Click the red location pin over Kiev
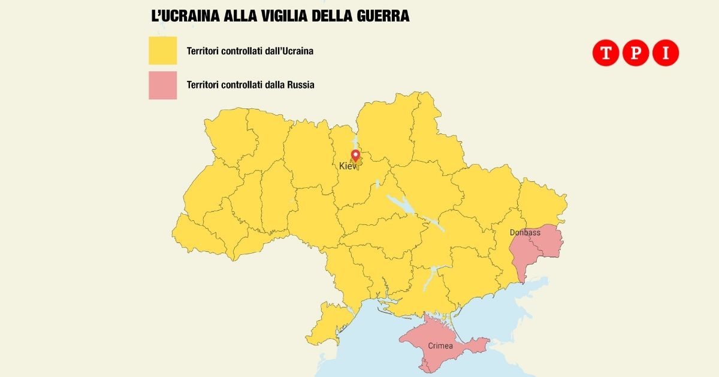355,156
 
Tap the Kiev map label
348,166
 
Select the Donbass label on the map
525,232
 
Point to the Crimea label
440,346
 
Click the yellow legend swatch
163,50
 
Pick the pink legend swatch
163,85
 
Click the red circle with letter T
605,53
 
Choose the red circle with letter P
636,53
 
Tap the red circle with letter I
666,53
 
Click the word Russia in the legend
300,85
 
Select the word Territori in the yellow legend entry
204,51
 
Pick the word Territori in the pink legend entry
204,85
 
